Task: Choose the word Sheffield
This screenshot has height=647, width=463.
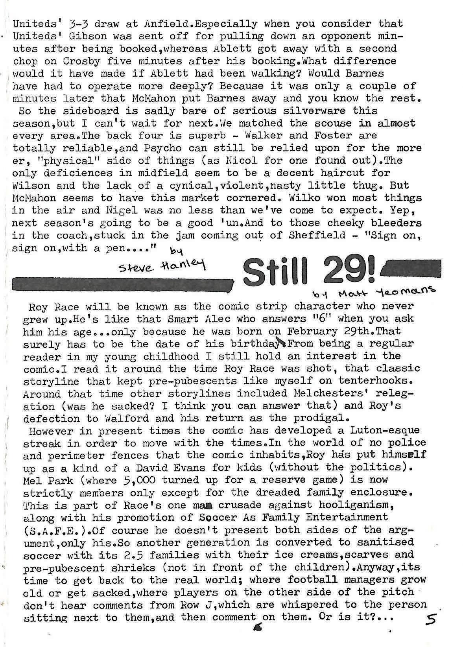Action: pyautogui.click(x=314, y=235)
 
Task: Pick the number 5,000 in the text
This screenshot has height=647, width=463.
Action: pyautogui.click(x=136, y=480)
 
